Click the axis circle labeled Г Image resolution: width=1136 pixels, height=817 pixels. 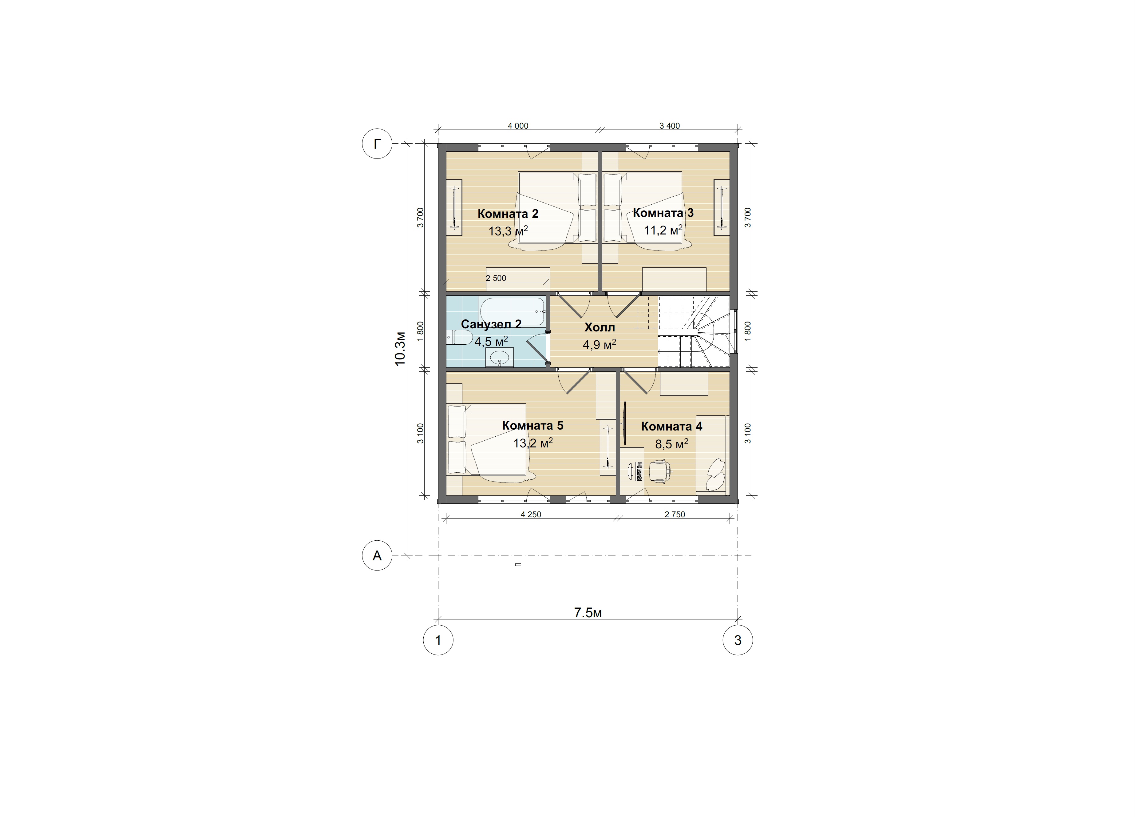[377, 144]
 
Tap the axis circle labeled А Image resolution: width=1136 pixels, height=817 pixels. [377, 555]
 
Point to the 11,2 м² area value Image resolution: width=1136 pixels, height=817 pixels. [663, 230]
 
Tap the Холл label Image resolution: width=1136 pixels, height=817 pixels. [600, 328]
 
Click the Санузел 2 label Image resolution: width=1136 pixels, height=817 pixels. [491, 324]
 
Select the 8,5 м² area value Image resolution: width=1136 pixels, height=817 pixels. [672, 444]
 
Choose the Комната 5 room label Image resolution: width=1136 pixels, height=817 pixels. [533, 426]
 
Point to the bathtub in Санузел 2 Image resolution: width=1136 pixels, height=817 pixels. [513, 312]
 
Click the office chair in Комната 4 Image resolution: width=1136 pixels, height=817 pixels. [660, 471]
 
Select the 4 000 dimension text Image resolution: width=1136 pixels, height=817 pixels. [518, 126]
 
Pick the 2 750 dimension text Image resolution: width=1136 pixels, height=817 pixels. [675, 514]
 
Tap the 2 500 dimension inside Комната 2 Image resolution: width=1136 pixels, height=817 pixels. [496, 278]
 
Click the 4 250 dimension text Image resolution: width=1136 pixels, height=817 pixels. [531, 514]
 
